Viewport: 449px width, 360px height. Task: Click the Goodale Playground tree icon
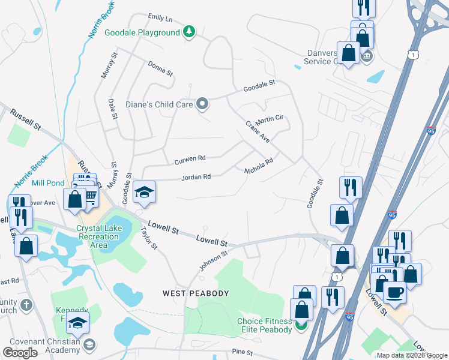(189, 32)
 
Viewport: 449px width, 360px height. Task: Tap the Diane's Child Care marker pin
(202, 104)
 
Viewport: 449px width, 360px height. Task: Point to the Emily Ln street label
(160, 19)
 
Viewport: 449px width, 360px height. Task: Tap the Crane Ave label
(258, 131)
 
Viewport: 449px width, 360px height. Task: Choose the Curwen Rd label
(190, 160)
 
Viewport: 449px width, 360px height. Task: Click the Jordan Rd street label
(196, 177)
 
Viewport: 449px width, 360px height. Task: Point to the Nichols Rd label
(259, 166)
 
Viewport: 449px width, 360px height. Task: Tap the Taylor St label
(148, 238)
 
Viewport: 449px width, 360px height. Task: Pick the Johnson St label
(214, 261)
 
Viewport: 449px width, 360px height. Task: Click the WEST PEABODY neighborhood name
(196, 293)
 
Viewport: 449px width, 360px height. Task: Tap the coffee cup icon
(394, 292)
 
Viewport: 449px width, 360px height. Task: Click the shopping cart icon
(89, 196)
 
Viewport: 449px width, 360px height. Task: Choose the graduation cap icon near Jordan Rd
(144, 192)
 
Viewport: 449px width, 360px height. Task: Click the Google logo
(20, 352)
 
